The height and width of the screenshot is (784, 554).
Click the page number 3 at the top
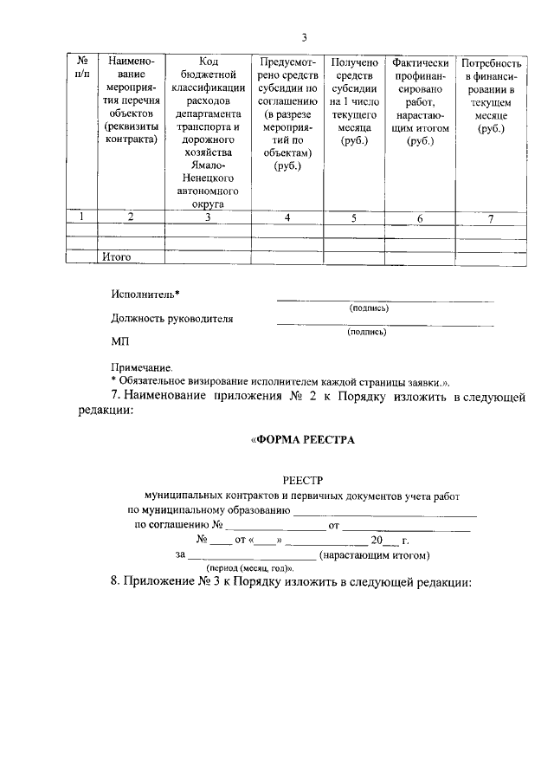304,37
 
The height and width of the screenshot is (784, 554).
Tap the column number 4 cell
287,218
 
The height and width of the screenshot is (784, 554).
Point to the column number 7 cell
490,218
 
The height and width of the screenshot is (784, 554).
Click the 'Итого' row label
116,256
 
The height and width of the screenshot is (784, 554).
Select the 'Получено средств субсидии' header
354,101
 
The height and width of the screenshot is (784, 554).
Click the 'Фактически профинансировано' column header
420,101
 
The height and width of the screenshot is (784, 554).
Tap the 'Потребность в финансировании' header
490,95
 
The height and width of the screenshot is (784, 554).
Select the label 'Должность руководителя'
172,318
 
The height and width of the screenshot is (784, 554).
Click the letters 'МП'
119,341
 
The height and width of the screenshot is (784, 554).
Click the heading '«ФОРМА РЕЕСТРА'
303,439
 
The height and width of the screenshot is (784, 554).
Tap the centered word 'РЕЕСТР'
303,481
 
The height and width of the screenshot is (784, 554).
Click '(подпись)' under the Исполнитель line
369,308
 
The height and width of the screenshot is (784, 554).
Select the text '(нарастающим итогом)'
374,554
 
